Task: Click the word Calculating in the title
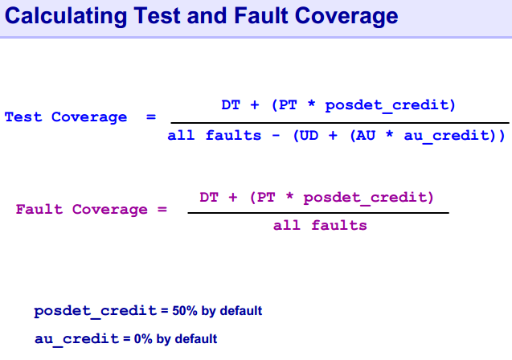(x=66, y=16)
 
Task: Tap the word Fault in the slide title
(x=261, y=15)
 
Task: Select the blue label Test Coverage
(x=66, y=117)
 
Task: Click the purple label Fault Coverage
(x=82, y=209)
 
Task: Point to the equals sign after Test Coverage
(x=151, y=117)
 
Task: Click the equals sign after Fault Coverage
(x=162, y=209)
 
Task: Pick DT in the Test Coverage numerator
(x=231, y=105)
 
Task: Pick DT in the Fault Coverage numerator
(x=209, y=198)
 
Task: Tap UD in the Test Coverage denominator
(x=309, y=135)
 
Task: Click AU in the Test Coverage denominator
(x=366, y=135)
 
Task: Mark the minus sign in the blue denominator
(x=276, y=135)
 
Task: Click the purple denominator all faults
(x=320, y=225)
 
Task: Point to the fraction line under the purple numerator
(x=318, y=213)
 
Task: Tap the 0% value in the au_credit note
(x=143, y=339)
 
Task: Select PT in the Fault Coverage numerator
(x=266, y=198)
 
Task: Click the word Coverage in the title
(x=346, y=16)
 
